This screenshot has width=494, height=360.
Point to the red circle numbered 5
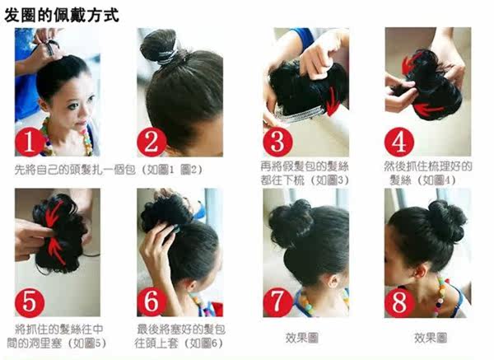coord(30,302)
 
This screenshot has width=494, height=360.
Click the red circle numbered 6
coord(151,302)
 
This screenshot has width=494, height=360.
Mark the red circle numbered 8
coord(399,302)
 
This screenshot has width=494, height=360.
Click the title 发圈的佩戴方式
coord(62,14)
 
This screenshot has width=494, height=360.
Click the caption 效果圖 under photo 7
coord(301,338)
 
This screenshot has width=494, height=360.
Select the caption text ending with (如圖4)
coord(420,172)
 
